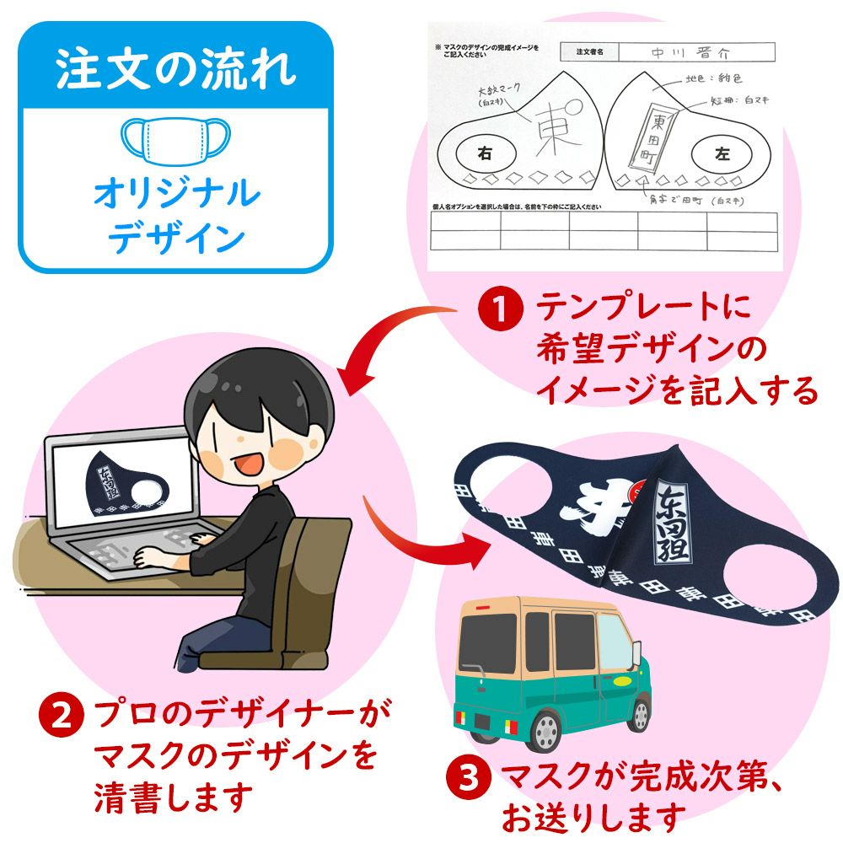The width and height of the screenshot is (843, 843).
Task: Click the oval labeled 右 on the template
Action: coord(484,153)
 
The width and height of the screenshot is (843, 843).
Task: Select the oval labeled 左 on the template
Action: coord(721,154)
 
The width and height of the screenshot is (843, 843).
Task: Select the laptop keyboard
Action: coord(143,548)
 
